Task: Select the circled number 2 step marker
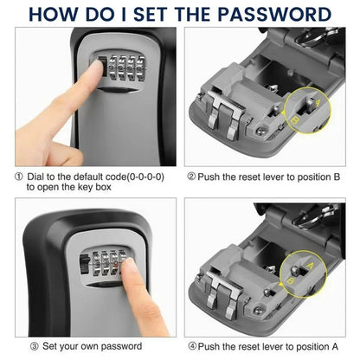click(191, 177)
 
